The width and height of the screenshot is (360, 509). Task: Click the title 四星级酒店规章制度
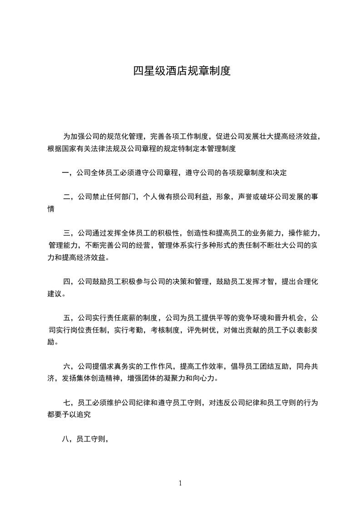coord(182,71)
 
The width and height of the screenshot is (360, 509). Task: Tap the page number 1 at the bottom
coord(180,483)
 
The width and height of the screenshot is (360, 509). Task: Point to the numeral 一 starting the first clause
coord(66,173)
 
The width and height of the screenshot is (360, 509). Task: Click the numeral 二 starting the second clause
coord(67,197)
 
